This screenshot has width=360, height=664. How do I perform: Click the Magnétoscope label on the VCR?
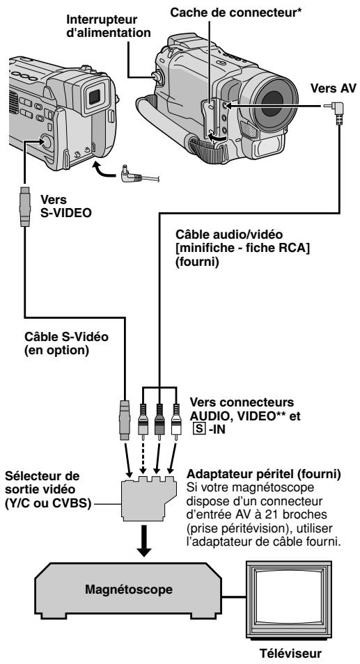coord(129,589)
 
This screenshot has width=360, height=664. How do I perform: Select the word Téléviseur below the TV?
coord(290,653)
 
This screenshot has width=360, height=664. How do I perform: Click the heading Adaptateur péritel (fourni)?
coord(264,473)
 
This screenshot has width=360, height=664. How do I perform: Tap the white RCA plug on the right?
coord(175,423)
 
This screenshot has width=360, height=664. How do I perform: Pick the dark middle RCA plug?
coord(159,423)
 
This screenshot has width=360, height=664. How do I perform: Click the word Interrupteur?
coord(102,19)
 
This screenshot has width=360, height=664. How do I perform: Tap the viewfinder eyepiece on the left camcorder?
coord(95,96)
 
